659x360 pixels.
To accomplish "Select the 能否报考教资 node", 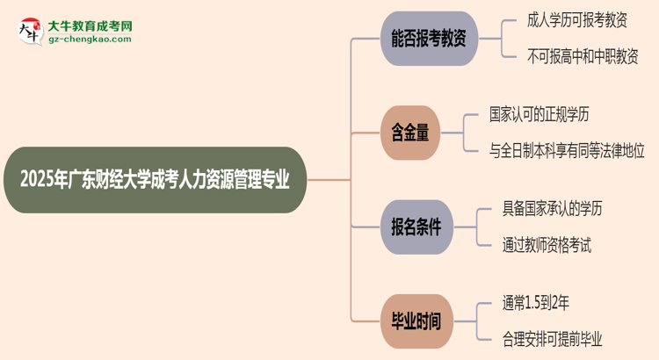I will click(429, 38).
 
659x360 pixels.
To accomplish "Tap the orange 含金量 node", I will click(410, 133).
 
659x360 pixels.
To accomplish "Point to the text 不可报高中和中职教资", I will click(582, 54).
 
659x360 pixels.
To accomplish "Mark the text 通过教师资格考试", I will click(546, 243).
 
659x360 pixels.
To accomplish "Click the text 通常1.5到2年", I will click(536, 304).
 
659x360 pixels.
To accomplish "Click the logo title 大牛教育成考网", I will click(90, 26).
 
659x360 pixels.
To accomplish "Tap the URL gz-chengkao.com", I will click(90, 40).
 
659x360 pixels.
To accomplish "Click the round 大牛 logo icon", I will click(31, 32).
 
